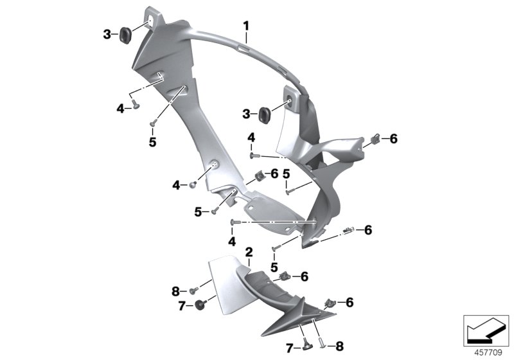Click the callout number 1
click(246, 26)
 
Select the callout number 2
click(249, 252)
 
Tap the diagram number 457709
click(488, 353)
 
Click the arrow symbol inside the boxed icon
click(484, 331)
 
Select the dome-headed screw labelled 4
click(193, 185)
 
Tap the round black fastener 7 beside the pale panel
click(200, 305)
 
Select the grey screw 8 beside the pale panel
click(194, 291)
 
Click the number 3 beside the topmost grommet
click(107, 34)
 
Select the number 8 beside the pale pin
click(339, 346)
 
